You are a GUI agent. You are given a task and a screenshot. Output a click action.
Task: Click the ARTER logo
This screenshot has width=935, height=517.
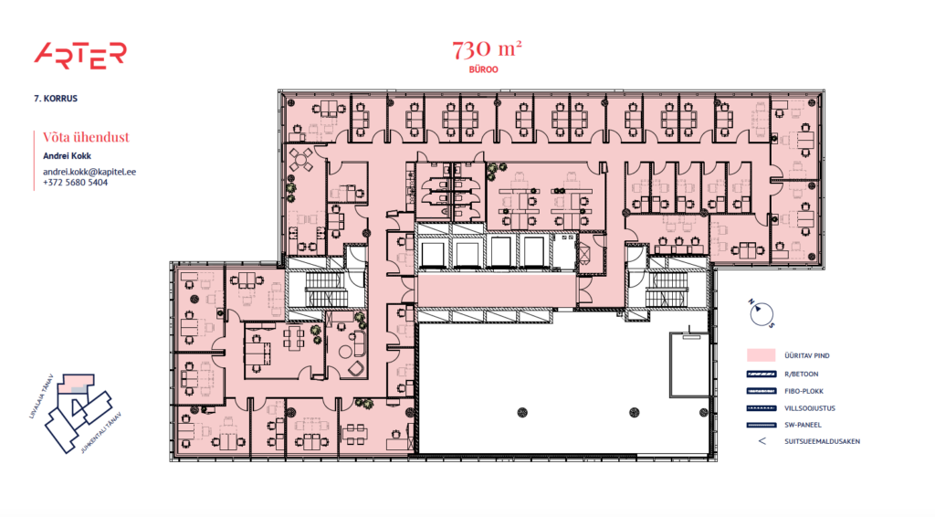pyautogui.click(x=79, y=55)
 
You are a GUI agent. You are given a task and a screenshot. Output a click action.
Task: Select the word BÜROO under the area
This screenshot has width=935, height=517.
pyautogui.click(x=488, y=69)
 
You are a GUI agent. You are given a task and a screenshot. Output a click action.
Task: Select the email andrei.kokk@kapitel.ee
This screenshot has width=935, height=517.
pyautogui.click(x=89, y=171)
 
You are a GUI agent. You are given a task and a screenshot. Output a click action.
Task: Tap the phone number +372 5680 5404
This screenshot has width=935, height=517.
pyautogui.click(x=75, y=183)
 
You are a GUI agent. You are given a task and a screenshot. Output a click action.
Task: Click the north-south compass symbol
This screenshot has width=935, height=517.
pyautogui.click(x=759, y=313)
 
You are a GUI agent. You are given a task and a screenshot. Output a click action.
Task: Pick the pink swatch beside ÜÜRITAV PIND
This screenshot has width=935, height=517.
pyautogui.click(x=762, y=354)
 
